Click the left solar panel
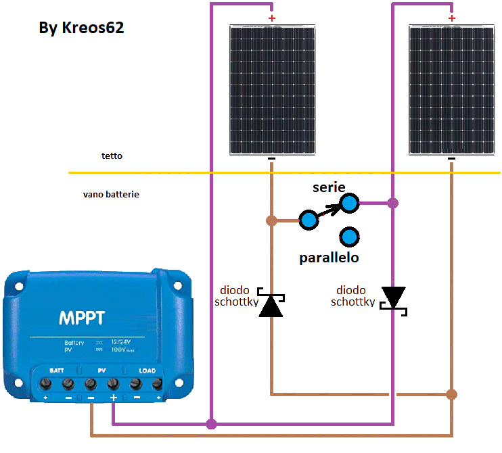click(x=271, y=90)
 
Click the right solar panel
click(x=452, y=90)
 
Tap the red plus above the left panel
click(x=272, y=18)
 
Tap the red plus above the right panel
click(x=452, y=18)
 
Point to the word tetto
click(x=112, y=156)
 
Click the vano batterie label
click(x=111, y=194)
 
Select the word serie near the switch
click(x=329, y=187)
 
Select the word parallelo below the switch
click(x=329, y=258)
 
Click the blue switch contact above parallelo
click(x=349, y=237)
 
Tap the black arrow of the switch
click(x=328, y=211)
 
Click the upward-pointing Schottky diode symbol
click(x=271, y=305)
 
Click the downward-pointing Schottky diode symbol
click(x=393, y=298)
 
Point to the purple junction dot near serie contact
click(x=393, y=202)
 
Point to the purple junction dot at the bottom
click(x=212, y=424)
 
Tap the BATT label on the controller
click(x=58, y=371)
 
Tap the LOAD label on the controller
click(x=147, y=371)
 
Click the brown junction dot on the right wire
click(x=452, y=394)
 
